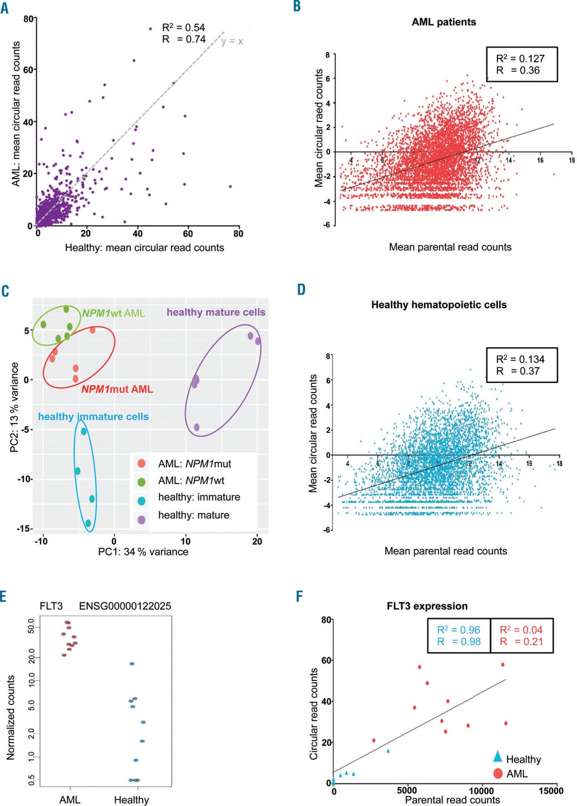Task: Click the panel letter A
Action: [4, 8]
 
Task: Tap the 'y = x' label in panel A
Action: [232, 41]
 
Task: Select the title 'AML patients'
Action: [444, 22]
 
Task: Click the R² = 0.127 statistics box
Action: [521, 64]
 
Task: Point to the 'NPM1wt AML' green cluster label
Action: [113, 313]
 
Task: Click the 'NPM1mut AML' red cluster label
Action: [117, 389]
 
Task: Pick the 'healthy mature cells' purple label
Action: [216, 312]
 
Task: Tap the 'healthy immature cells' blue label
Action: [93, 416]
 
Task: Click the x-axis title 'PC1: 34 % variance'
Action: [143, 552]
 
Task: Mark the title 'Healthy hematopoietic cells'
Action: [439, 305]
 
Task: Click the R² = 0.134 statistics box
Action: [521, 365]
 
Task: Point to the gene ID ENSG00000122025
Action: [125, 606]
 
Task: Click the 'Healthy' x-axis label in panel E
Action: [131, 800]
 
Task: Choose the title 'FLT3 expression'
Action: [427, 606]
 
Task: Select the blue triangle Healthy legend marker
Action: [497, 757]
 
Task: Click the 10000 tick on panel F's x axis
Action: [482, 791]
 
